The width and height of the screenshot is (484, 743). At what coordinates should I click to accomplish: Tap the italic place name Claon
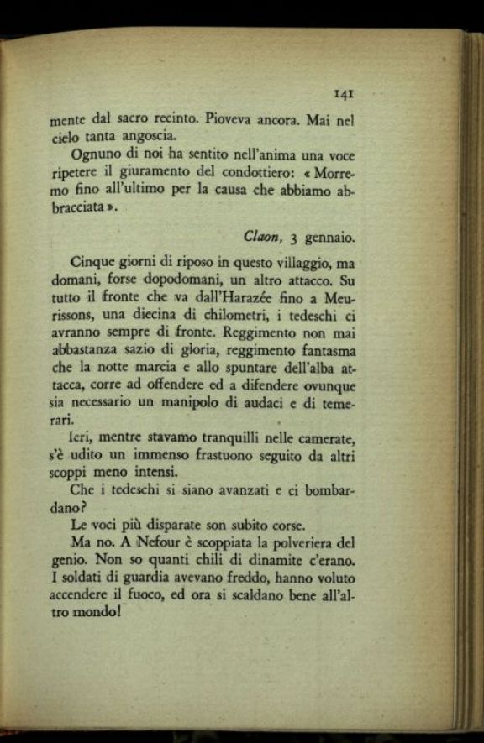(263, 238)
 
